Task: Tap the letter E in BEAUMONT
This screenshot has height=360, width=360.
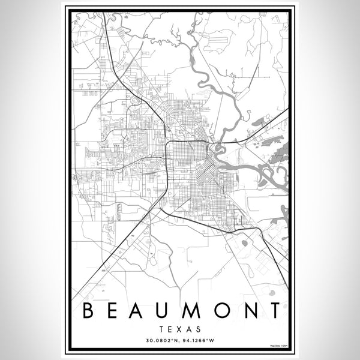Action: tap(113, 312)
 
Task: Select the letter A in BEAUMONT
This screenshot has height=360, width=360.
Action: tap(141, 312)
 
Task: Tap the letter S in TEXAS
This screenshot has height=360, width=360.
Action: tap(198, 329)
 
